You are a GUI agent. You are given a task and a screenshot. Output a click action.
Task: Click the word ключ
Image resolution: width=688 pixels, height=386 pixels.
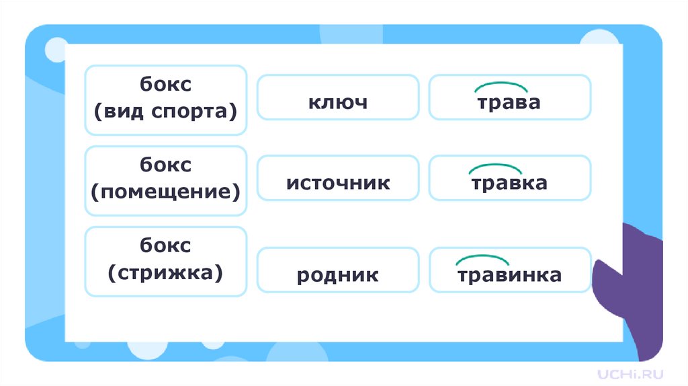[x=338, y=103]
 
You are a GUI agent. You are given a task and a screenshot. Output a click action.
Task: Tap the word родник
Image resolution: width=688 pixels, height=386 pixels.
[x=338, y=275]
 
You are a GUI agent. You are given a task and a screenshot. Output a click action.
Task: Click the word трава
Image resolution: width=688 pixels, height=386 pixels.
[x=509, y=103]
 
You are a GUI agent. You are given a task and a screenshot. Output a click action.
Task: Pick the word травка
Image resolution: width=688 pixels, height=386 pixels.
[x=509, y=183]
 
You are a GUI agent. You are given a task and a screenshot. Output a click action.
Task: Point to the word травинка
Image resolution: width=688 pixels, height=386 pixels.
[x=509, y=275]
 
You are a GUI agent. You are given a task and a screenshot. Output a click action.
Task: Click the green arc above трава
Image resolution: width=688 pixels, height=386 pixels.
[x=501, y=85]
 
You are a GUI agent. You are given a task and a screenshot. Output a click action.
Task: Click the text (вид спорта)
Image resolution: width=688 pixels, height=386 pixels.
[x=166, y=111]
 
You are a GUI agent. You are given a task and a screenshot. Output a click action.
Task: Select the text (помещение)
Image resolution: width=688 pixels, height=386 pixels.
[x=166, y=192]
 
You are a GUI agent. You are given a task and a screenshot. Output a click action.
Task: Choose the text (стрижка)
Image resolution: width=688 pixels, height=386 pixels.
[x=166, y=272]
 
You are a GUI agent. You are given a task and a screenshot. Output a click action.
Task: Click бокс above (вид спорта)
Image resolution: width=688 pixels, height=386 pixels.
[x=166, y=85]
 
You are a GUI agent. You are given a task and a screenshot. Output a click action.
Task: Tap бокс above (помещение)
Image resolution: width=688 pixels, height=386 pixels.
[x=166, y=165]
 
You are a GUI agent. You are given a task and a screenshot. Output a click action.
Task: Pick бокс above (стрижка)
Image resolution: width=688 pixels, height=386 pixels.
[x=166, y=245]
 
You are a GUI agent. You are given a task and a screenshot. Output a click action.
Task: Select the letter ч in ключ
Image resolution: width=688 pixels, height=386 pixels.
[x=359, y=104]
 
